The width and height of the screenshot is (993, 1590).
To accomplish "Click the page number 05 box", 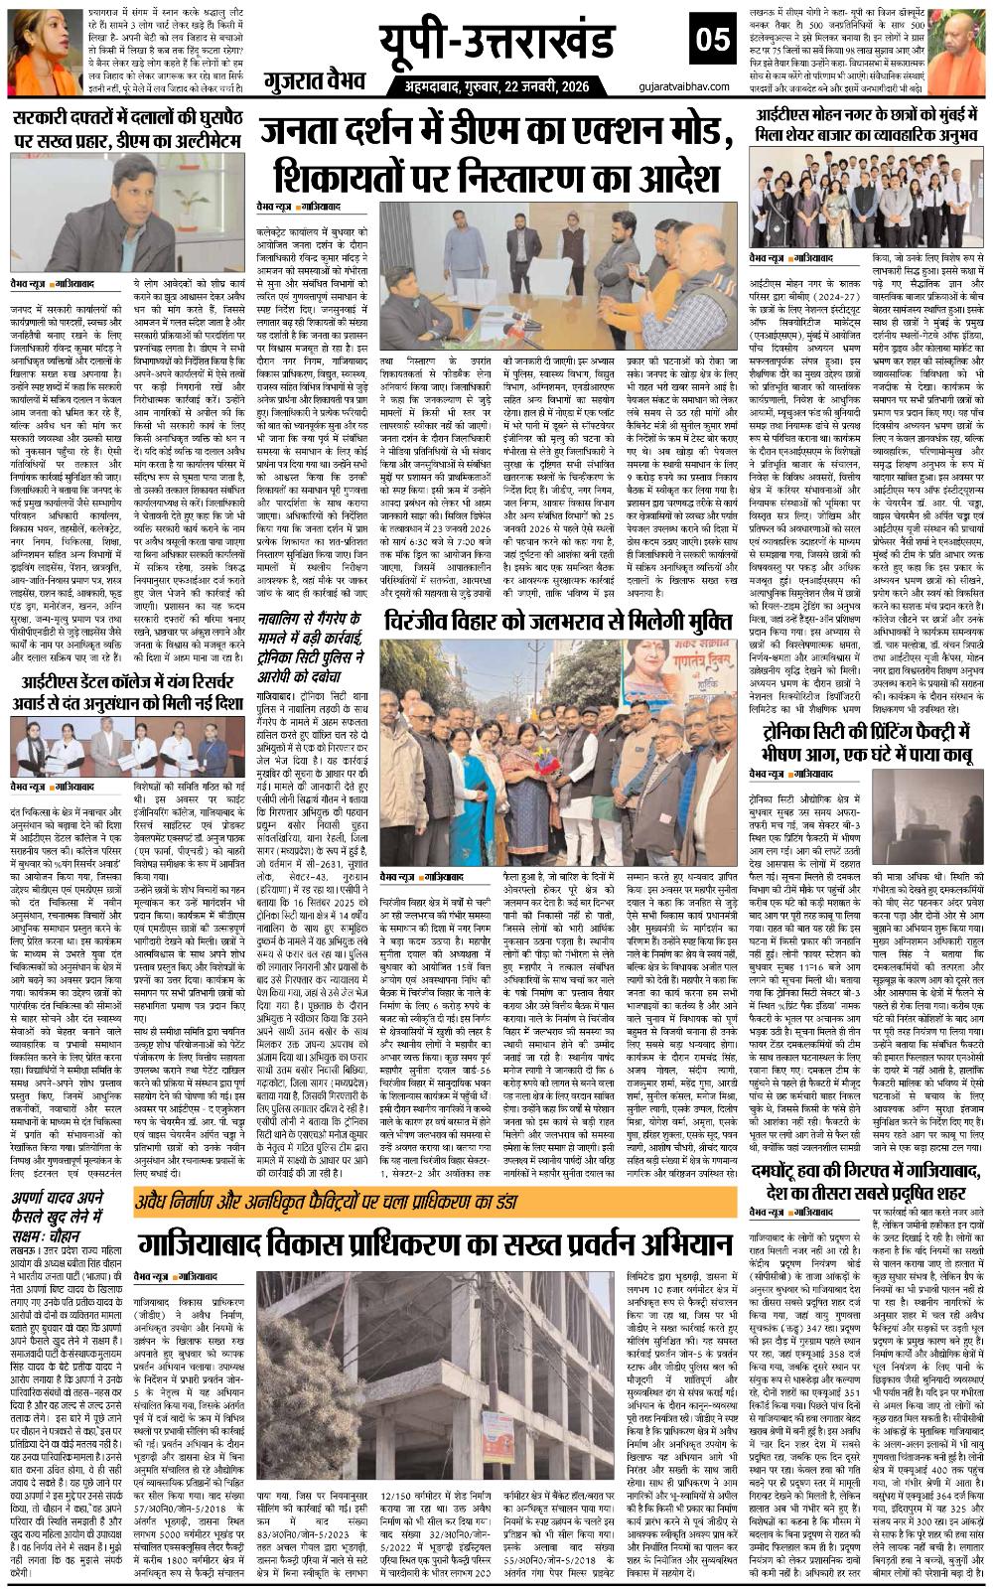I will (714, 42).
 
